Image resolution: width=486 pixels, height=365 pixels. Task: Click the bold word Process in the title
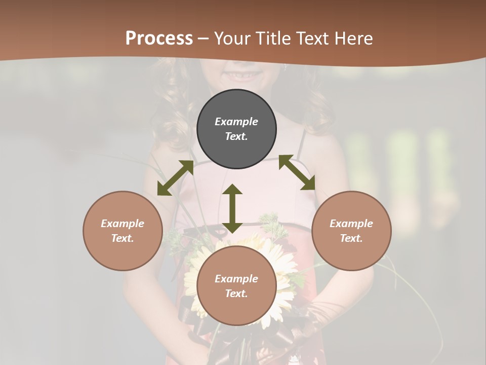[159, 39]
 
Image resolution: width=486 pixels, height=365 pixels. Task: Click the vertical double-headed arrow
[232, 208]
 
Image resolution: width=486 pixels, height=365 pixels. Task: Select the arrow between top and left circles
[175, 178]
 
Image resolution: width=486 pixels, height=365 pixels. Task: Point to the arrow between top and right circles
[297, 172]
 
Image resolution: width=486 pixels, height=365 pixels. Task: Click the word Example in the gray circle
[236, 122]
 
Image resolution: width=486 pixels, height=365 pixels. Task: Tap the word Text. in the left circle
[123, 238]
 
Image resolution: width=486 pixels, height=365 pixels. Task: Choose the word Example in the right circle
[351, 224]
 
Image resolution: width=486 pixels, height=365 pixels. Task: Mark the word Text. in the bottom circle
[236, 294]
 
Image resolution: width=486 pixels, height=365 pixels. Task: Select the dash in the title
[204, 39]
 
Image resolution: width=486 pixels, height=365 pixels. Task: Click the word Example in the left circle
[123, 224]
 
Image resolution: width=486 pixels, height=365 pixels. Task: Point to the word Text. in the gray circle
[236, 136]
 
